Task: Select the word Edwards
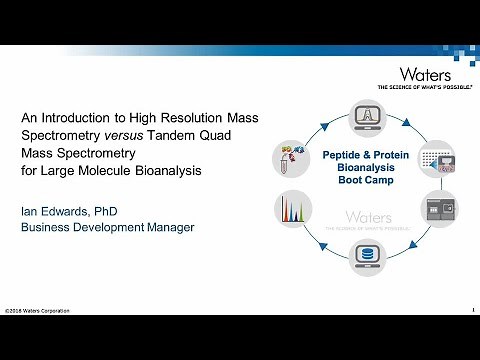point(70,210)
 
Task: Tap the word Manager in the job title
point(165,227)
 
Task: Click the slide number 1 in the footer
point(471,311)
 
